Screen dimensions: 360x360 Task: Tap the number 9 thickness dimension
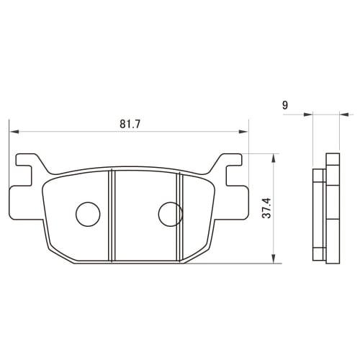coord(286,105)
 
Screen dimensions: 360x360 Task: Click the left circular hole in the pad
coord(87,212)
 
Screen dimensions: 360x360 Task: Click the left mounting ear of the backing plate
coord(27,166)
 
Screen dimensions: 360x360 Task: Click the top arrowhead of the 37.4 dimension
coord(274,158)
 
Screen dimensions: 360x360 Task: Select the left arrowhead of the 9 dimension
coord(310,113)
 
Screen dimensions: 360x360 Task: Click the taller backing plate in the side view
coord(332,209)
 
